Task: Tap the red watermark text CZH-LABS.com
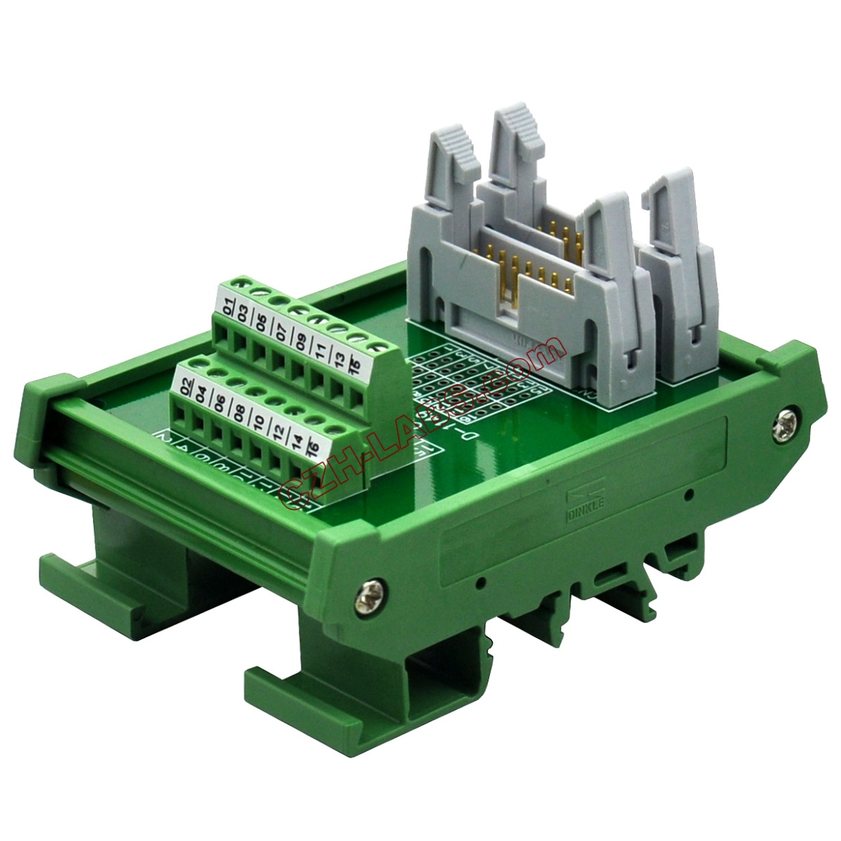coord(413,428)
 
